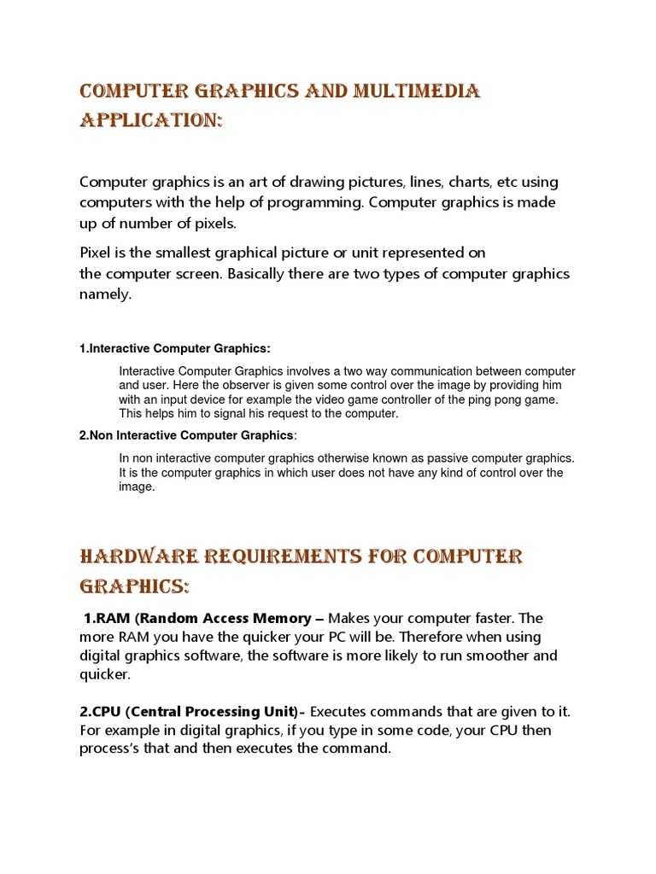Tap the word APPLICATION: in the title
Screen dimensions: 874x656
click(151, 121)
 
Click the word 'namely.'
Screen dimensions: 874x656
click(107, 294)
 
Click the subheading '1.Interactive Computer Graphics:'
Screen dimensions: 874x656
click(175, 348)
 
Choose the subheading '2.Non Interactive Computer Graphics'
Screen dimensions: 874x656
click(186, 435)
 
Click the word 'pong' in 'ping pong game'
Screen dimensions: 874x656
click(499, 399)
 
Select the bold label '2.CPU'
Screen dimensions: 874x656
click(102, 712)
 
